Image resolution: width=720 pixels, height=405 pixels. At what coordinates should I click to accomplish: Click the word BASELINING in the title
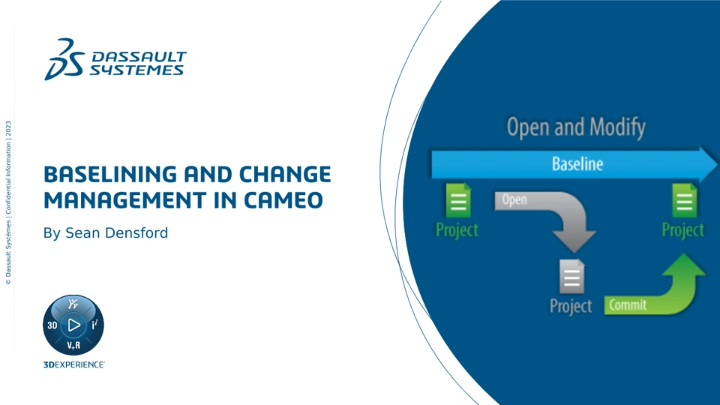point(110,175)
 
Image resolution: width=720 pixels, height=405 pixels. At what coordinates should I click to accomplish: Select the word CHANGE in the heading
point(285,175)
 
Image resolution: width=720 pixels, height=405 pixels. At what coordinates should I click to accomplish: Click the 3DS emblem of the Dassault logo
point(64,59)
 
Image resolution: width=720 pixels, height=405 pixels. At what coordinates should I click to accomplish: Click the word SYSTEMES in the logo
point(136,70)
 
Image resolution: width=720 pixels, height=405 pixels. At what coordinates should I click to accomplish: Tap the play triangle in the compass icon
point(73,325)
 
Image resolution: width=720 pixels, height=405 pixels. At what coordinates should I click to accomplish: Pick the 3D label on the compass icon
point(52,325)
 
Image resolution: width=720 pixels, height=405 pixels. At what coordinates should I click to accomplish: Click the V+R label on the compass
point(73,345)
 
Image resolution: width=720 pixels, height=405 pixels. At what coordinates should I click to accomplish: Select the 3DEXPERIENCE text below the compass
point(74,364)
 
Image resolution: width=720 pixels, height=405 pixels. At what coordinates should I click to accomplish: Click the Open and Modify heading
point(576,127)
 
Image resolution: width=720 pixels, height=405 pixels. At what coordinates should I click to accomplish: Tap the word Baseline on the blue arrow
point(577,164)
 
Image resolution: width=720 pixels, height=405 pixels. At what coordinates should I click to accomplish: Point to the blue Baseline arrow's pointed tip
point(717,164)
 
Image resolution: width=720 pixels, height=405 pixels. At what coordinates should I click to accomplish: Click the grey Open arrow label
point(514,199)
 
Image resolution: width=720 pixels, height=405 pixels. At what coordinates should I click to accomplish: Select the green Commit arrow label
point(628,305)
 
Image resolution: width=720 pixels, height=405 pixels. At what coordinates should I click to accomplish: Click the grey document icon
point(572,277)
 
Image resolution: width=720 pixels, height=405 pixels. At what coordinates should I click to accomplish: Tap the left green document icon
point(458,200)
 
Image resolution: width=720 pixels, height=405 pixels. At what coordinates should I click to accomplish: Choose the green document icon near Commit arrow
point(685,200)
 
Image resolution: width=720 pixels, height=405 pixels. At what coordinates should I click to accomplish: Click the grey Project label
point(571,306)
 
